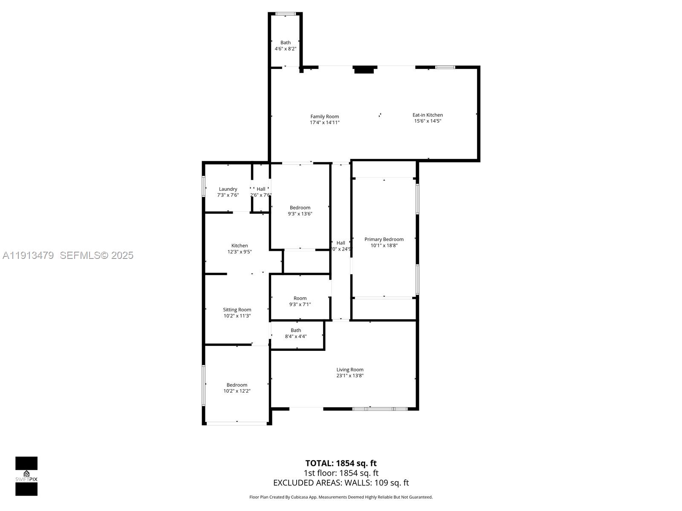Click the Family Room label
coord(324,117)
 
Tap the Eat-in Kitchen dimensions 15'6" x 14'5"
coord(428,121)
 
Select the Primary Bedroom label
coord(384,239)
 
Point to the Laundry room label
coord(228,189)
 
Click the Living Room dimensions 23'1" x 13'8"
coord(350,376)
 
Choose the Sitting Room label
coord(237,310)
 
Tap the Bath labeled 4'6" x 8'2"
coord(286,46)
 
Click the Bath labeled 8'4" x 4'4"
coord(296,333)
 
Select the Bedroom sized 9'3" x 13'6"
coord(300,211)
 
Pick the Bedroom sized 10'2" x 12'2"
coord(237,388)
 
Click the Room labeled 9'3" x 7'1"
coord(300,301)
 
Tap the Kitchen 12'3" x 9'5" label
coord(240,248)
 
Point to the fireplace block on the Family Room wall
coord(364,70)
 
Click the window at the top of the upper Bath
coord(286,14)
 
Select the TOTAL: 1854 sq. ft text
coord(341,463)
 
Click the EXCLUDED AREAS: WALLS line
coord(341,483)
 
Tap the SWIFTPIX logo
coord(26,476)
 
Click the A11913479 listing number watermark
coord(28,255)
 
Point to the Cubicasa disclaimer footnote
coord(341,497)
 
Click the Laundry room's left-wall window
coord(204,187)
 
